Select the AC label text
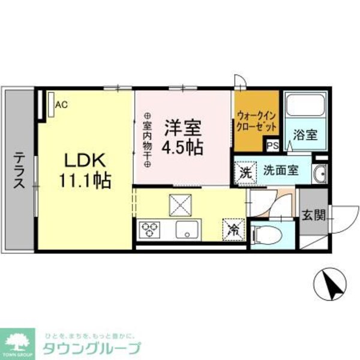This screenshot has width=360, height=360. click(62, 105)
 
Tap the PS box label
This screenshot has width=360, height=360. click(272, 145)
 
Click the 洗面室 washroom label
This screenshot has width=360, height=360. click(280, 170)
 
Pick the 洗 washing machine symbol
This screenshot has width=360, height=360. click(245, 171)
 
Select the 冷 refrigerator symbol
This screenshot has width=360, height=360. click(234, 228)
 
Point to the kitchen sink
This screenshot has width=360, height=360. click(188, 228)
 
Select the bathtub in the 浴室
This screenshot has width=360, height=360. click(304, 107)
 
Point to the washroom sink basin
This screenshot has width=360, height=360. click(319, 175)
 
